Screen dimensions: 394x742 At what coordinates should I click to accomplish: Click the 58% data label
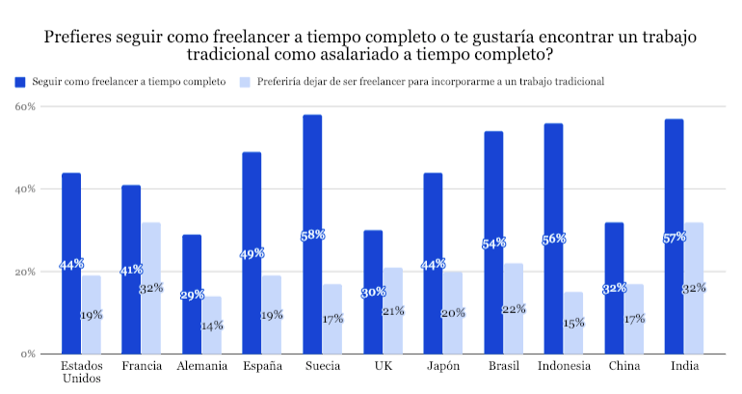coord(312,234)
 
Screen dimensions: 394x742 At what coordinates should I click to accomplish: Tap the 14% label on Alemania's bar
coord(211,326)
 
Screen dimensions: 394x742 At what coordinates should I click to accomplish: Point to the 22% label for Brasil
coord(512,308)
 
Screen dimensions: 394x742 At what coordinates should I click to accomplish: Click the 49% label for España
coord(252,253)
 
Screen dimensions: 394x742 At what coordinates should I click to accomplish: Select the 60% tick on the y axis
coord(24,107)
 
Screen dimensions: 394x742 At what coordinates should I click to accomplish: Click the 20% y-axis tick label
coord(24,272)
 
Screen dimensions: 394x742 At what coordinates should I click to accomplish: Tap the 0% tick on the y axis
coord(27,355)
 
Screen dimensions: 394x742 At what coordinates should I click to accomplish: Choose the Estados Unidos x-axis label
coord(81,372)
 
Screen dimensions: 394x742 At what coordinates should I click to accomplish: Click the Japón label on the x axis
coord(442,366)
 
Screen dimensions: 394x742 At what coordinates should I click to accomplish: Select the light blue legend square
coord(246,81)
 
